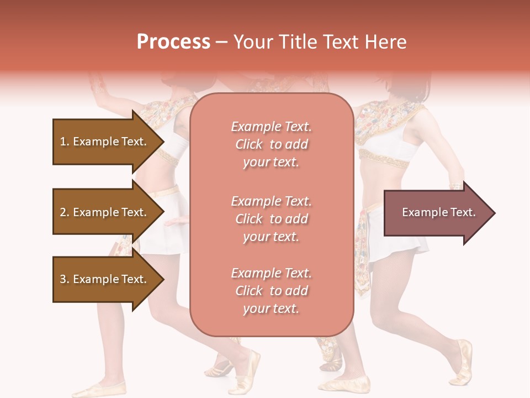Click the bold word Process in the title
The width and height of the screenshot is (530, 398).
click(173, 42)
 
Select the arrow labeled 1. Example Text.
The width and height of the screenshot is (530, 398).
click(105, 142)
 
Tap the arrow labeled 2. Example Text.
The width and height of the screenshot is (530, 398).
click(105, 212)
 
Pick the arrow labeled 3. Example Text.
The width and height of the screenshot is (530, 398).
click(105, 279)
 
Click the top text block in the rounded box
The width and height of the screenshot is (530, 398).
click(271, 144)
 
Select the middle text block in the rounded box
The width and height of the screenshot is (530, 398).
click(271, 219)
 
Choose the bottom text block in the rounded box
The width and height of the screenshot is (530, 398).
click(271, 291)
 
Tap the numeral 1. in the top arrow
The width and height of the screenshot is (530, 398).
click(65, 142)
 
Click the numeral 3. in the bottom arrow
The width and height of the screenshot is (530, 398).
click(65, 279)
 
